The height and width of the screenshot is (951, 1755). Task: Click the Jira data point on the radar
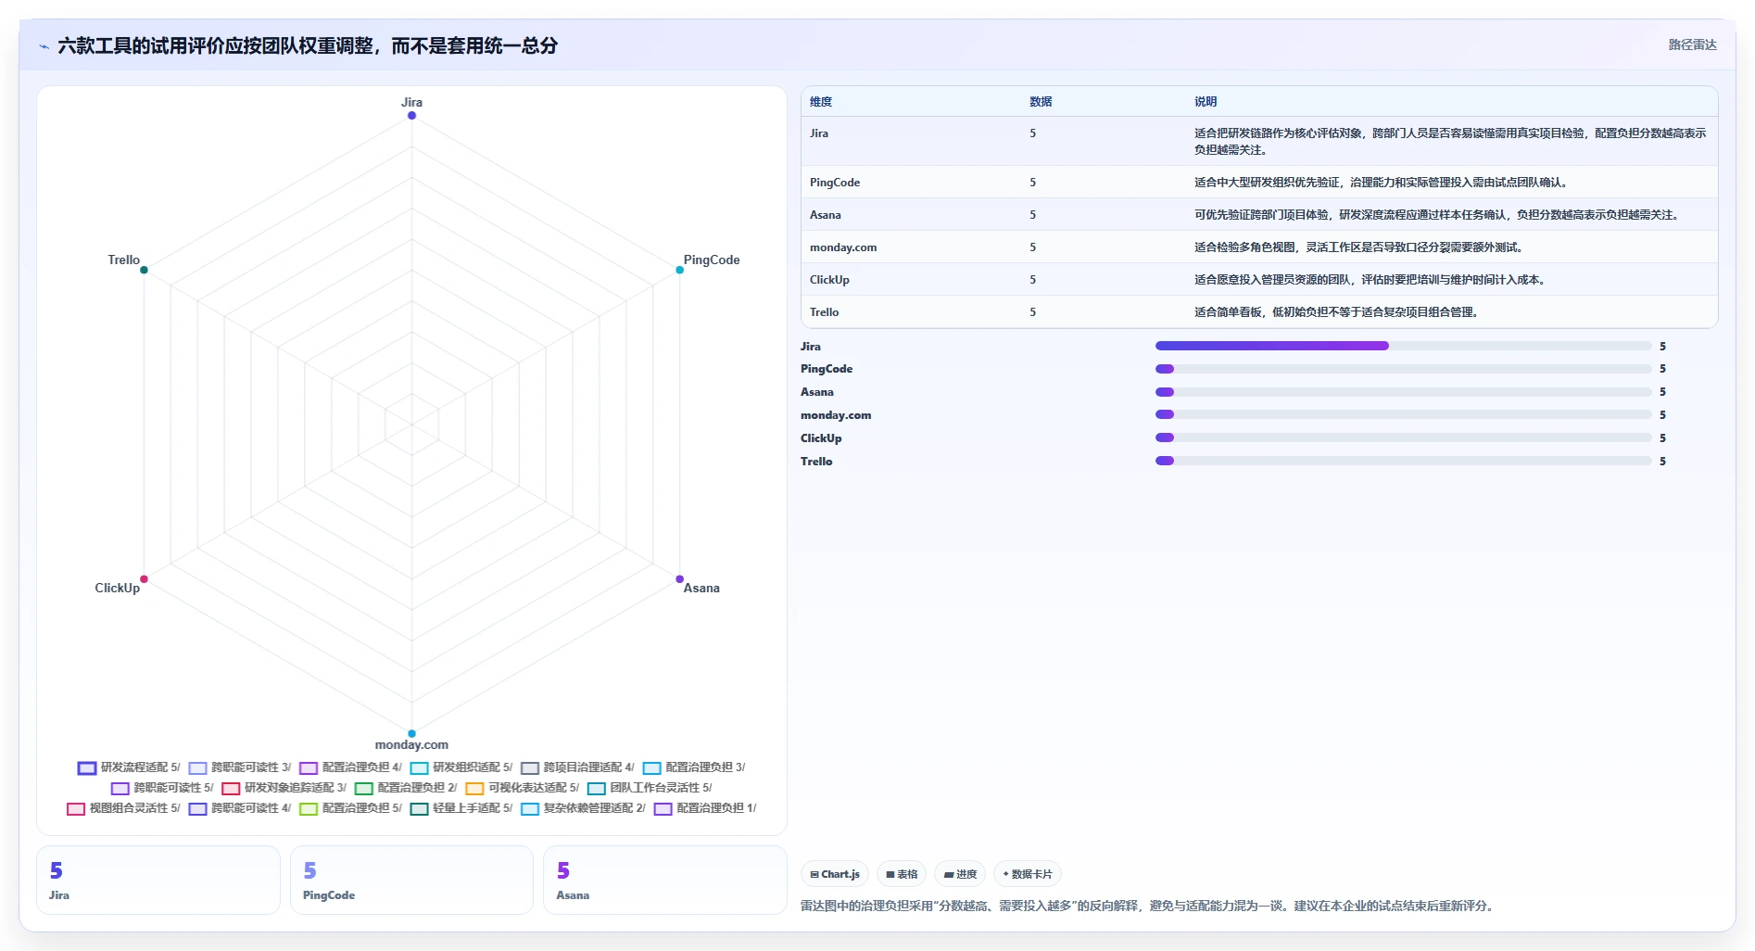pos(411,116)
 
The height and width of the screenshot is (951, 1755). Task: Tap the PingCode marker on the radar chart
pos(679,270)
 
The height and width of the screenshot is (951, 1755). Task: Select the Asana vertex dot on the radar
pos(679,579)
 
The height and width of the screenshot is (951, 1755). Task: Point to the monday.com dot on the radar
pos(411,733)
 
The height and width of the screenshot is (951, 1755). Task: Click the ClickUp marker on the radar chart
pos(144,579)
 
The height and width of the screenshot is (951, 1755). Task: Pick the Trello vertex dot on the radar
pos(144,270)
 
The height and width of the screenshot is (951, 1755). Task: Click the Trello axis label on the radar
pos(123,260)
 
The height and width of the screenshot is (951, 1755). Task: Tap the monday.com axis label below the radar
pos(411,744)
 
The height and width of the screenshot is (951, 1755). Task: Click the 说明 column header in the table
pos(1206,102)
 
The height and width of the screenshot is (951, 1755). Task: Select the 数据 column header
pos(1041,102)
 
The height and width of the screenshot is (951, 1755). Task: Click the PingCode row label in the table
pos(835,183)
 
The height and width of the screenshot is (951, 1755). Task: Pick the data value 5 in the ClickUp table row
pos(1033,280)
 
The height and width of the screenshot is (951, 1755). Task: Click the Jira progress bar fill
pos(1272,346)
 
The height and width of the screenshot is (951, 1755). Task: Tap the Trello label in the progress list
pos(816,462)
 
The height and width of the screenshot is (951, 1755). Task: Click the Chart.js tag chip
pos(835,874)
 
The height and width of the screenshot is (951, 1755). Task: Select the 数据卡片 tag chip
pos(1028,874)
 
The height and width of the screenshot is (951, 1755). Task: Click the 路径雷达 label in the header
pos(1693,44)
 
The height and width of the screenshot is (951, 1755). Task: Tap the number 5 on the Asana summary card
pos(563,870)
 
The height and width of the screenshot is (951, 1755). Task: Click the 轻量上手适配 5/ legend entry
pos(461,808)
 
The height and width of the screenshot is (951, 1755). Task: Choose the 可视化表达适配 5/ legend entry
pos(523,788)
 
